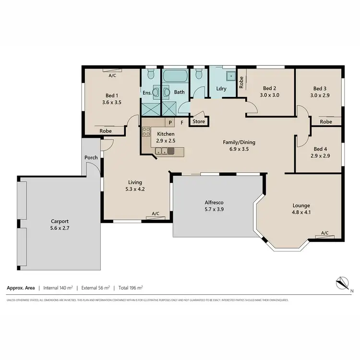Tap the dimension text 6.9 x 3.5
(239, 149)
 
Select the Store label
(199, 121)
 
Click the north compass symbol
(342, 283)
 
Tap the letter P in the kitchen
(170, 122)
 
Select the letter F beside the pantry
(182, 122)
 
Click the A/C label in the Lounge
(324, 233)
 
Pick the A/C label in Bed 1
(112, 75)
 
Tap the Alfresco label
(214, 203)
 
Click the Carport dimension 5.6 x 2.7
(60, 228)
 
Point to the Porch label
(91, 157)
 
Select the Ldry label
(221, 88)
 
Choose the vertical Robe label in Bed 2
(241, 83)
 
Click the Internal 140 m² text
(58, 288)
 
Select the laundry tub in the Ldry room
(231, 75)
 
